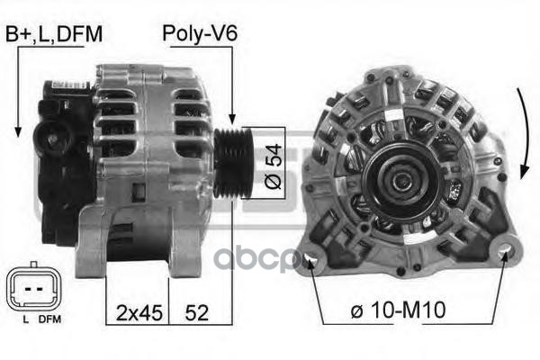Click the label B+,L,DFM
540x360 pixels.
(x=54, y=34)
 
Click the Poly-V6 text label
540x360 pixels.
(x=200, y=34)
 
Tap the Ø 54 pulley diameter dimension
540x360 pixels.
(x=274, y=166)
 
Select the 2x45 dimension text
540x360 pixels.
(x=139, y=313)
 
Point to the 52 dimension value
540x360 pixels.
(x=197, y=313)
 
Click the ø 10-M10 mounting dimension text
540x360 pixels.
(x=398, y=310)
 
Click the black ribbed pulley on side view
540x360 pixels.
(x=232, y=163)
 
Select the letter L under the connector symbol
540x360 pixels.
(x=25, y=319)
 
